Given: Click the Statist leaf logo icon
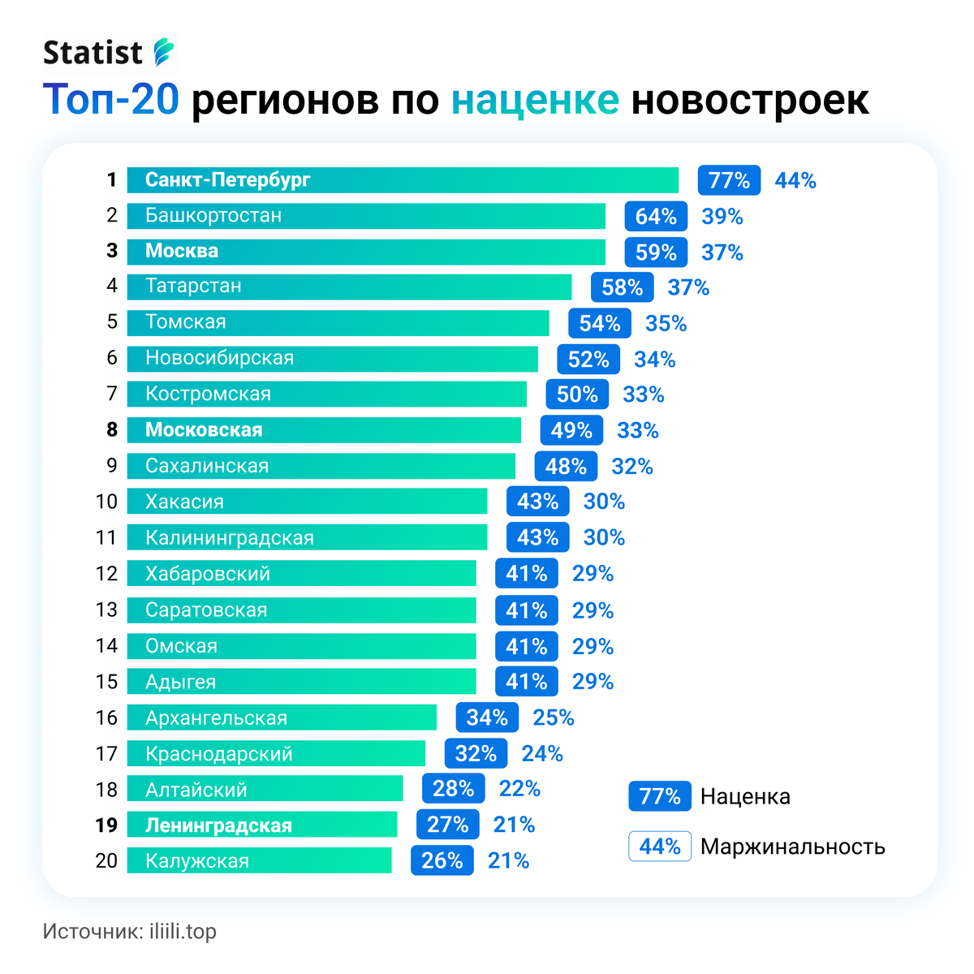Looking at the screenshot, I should coord(164,52).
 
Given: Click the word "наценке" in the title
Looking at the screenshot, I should coord(535,100).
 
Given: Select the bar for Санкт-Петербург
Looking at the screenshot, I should coord(403,180).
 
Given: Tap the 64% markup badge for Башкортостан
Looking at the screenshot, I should coord(656,217).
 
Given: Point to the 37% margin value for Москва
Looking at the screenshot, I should coord(722,252).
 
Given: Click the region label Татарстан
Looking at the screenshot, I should coord(193,287).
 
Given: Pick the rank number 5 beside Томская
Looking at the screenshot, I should coord(112,322).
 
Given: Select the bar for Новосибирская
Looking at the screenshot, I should coord(333,359).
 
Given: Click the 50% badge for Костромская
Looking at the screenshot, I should coord(576,394).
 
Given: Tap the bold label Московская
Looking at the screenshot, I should coord(204,430).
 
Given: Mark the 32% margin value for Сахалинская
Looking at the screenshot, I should coord(632,467).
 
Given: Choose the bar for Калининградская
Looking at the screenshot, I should coord(307,538).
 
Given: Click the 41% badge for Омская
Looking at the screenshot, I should coord(526,647).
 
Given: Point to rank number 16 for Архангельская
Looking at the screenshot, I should coord(106,718).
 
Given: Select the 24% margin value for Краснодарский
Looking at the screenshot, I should coord(542,754).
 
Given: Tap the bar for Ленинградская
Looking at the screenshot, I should coord(262,825).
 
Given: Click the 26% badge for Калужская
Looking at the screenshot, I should coord(442,861).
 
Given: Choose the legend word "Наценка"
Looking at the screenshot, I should coord(745,797).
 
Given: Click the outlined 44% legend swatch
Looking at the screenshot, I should coord(659,847).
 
